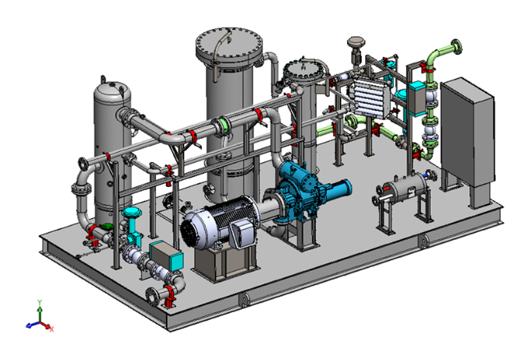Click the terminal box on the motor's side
click(x=242, y=233)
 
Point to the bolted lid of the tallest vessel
click(x=228, y=46)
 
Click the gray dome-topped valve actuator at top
click(x=357, y=43)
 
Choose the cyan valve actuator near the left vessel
click(x=133, y=214)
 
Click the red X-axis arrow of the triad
click(x=50, y=326)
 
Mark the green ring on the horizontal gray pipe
click(x=224, y=123)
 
